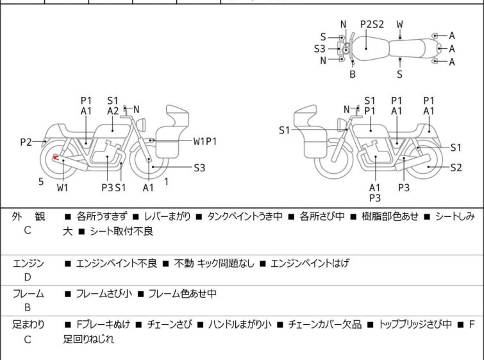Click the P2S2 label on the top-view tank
372,24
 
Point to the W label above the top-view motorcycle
400,24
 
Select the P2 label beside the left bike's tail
26,141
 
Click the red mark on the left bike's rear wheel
56,158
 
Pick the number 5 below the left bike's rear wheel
41,182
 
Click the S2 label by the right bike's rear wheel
456,167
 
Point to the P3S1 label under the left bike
113,187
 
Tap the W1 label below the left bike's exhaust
63,187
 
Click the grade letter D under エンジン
27,277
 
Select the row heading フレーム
28,294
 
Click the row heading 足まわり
28,325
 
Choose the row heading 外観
28,217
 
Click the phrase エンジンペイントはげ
310,263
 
